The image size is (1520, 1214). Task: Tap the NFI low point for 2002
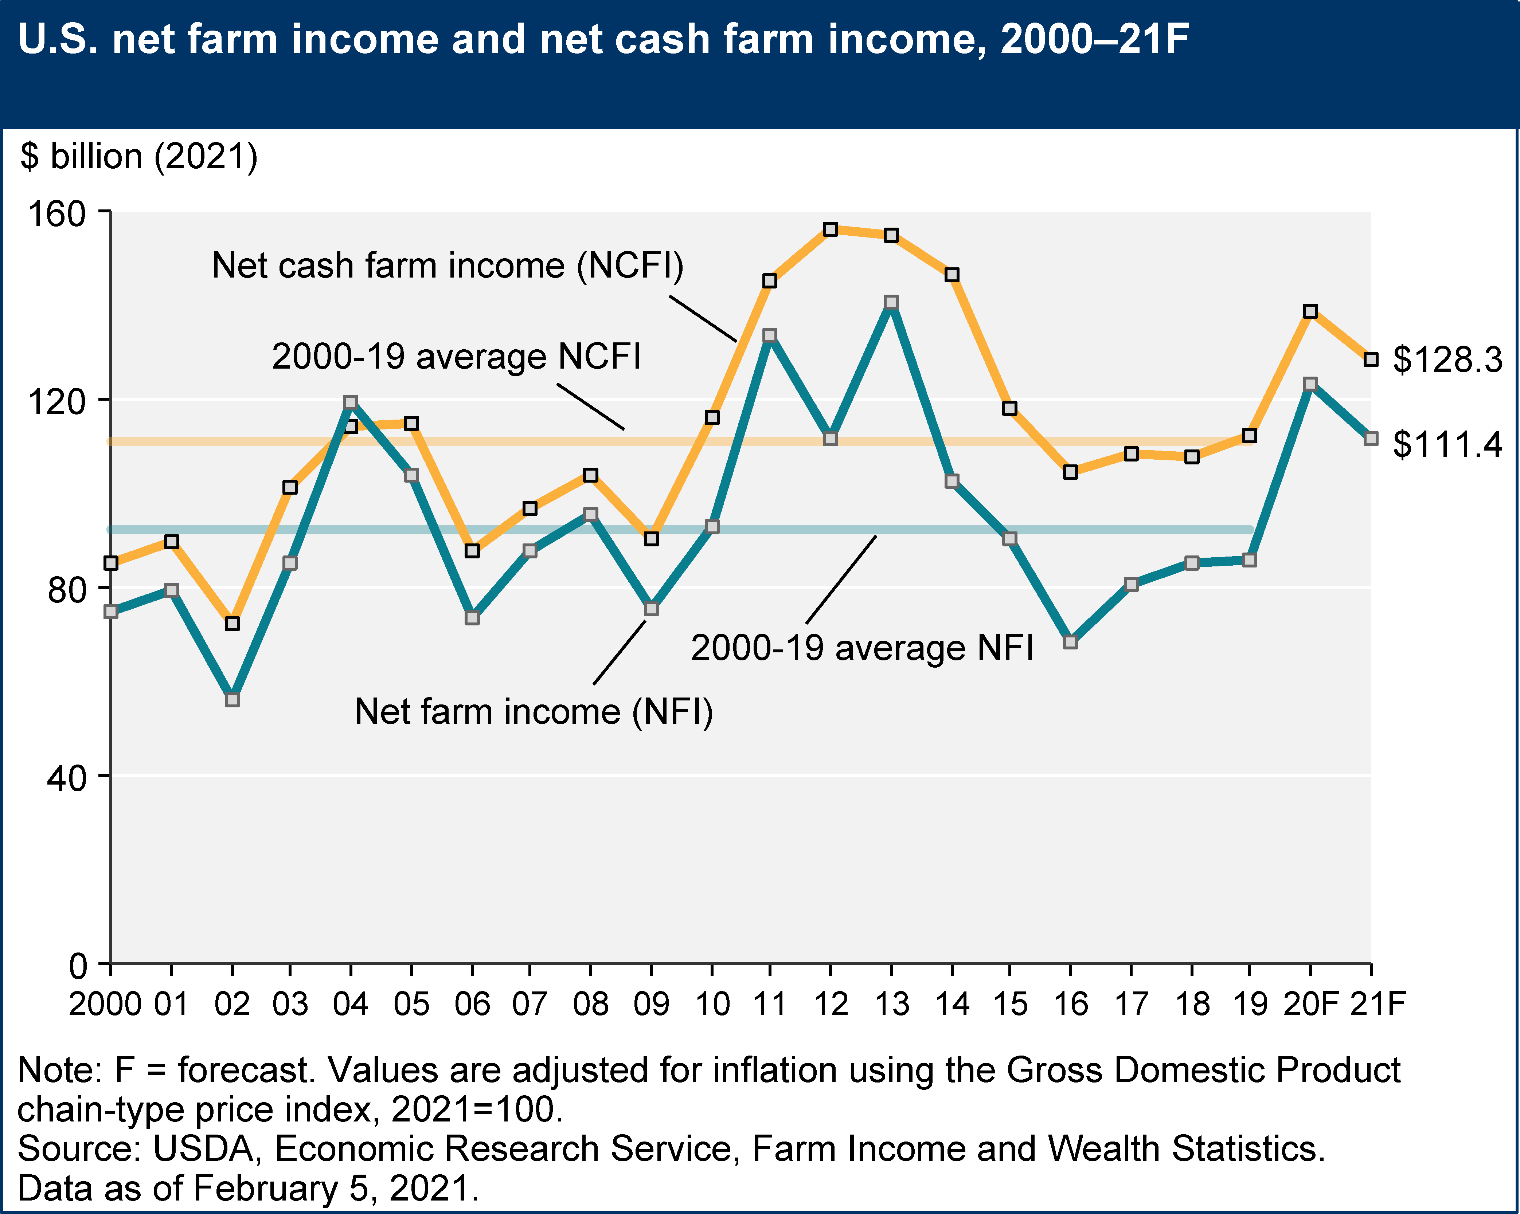pyautogui.click(x=232, y=700)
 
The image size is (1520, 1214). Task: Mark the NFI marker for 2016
pyautogui.click(x=1070, y=642)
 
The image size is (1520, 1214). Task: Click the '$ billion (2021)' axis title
pyautogui.click(x=139, y=156)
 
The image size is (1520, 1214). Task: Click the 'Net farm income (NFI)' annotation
pyautogui.click(x=534, y=712)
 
